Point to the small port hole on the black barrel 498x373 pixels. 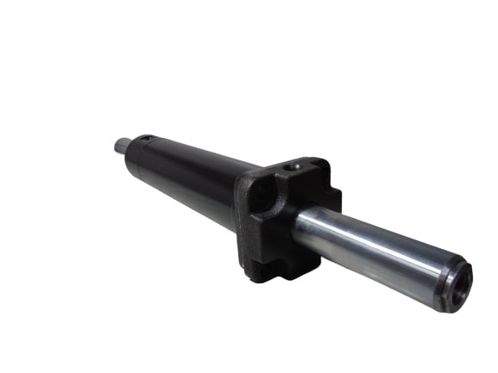click(x=146, y=138)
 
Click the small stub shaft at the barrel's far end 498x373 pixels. click(x=120, y=147)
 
